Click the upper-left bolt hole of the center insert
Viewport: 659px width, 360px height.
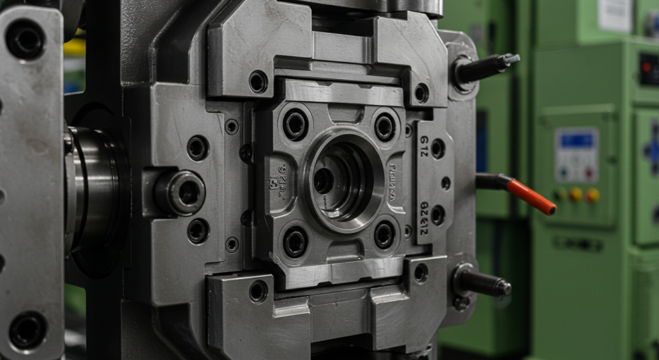295,124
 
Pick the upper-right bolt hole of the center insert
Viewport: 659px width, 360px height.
385,126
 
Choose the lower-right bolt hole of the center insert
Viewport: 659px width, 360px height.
384,234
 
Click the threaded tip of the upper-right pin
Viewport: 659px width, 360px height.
512,60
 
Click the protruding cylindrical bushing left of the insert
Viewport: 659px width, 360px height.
180,192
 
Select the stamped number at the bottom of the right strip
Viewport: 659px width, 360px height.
424,209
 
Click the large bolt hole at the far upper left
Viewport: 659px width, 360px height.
25,38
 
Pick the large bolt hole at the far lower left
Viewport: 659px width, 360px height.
27,330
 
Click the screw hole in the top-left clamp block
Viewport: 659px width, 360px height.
258,81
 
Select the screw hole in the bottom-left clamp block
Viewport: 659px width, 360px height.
258,291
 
